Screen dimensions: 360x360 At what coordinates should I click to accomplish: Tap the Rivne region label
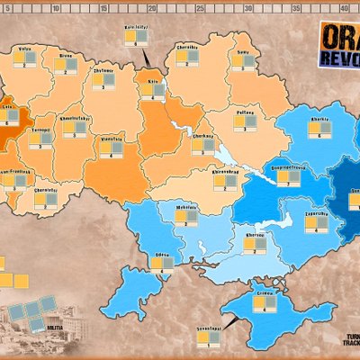tap(64, 55)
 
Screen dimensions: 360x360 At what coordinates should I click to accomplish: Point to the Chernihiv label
tap(187, 45)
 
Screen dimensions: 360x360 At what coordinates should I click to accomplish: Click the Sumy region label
tap(242, 53)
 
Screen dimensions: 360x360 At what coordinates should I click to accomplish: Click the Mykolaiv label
tap(187, 209)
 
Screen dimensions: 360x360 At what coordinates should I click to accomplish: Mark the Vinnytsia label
tap(111, 139)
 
